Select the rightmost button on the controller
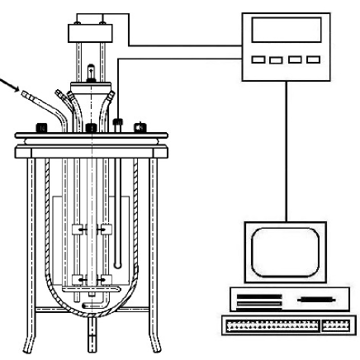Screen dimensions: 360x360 click(310, 59)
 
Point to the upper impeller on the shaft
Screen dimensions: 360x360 click(90, 230)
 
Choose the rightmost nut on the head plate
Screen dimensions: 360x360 click(140, 129)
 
